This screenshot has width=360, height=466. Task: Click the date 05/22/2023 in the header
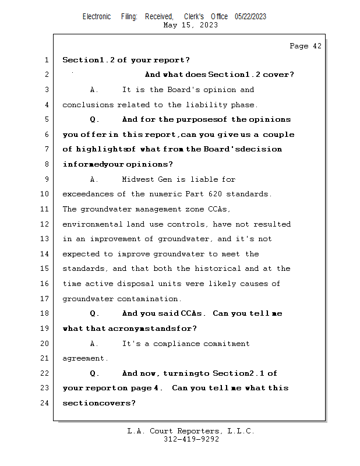pyautogui.click(x=250, y=16)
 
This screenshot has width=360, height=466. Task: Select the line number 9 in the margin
pyautogui.click(x=47, y=179)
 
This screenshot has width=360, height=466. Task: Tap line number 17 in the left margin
pyautogui.click(x=45, y=299)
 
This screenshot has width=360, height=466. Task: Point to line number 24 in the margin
pyautogui.click(x=45, y=403)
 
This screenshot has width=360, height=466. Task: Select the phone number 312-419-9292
pyautogui.click(x=191, y=439)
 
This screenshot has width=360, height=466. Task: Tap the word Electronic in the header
pyautogui.click(x=97, y=16)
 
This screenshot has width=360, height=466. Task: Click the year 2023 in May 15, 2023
pyautogui.click(x=208, y=25)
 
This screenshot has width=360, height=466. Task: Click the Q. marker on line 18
pyautogui.click(x=94, y=313)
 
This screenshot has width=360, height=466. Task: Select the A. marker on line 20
pyautogui.click(x=94, y=344)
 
